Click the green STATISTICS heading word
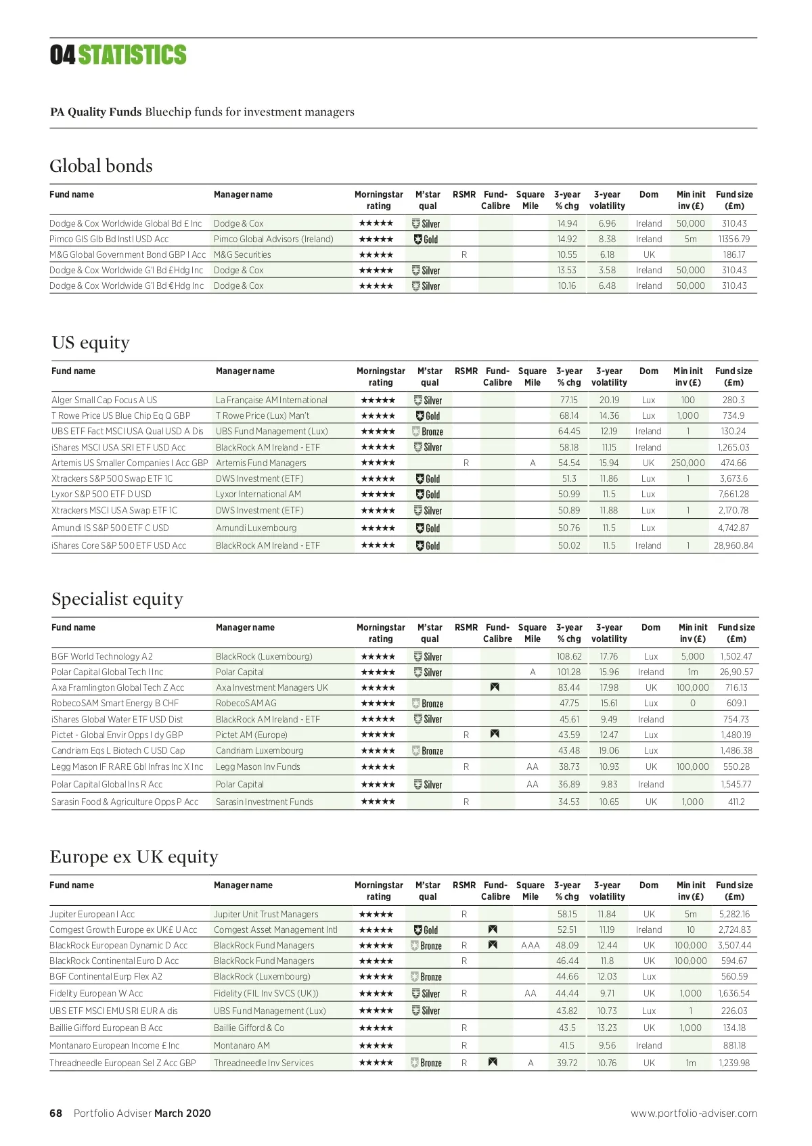132,55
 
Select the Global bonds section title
101,166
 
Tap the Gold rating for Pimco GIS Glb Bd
426,239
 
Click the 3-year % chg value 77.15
568,400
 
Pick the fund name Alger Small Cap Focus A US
104,400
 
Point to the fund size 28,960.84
733,546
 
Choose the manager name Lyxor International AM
258,495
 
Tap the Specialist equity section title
117,599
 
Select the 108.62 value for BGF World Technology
569,657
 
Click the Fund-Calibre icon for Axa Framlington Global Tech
495,687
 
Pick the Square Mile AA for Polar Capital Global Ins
533,785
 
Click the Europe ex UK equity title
134,857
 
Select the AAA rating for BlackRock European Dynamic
531,946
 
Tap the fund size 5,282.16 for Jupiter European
734,915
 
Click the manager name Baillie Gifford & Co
249,1028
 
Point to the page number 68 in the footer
55,1114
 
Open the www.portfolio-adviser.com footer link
694,1114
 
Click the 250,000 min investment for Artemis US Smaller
687,463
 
